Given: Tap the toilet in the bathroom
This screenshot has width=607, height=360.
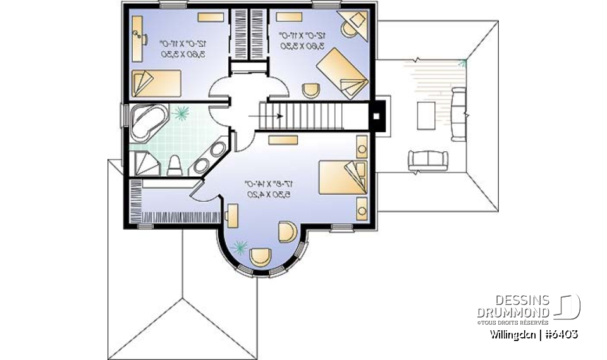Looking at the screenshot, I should (x=175, y=164).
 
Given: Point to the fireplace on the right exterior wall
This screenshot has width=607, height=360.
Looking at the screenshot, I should (x=377, y=116).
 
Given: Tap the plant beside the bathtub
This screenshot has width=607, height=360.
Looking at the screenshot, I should (x=182, y=113).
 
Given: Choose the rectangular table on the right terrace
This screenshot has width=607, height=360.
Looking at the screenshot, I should (x=425, y=116).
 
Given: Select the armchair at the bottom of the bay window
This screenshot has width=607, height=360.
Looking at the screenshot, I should (x=260, y=257).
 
